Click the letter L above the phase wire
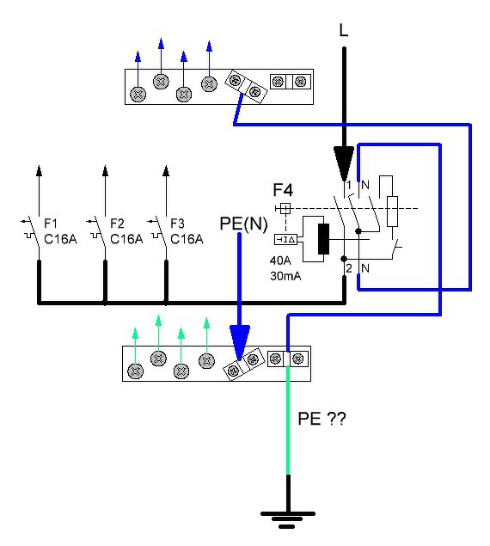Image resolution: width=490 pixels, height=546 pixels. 343,30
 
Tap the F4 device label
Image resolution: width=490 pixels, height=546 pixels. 283,190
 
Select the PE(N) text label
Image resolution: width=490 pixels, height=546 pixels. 243,224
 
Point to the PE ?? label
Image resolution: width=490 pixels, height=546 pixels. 322,419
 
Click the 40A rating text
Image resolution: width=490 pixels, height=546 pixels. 280,261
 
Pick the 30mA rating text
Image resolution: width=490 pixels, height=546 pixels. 285,276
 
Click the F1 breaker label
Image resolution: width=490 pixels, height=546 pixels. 51,224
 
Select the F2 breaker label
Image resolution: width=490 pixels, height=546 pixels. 117,224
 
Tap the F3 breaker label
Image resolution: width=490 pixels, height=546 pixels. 177,224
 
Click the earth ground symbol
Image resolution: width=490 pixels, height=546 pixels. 288,519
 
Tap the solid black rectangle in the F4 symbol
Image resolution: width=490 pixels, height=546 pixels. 323,239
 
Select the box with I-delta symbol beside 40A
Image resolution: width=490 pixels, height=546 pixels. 285,240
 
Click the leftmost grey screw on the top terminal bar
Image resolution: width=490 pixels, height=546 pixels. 138,94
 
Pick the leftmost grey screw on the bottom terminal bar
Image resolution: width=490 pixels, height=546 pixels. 136,371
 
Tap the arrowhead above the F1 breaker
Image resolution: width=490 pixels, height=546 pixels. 39,170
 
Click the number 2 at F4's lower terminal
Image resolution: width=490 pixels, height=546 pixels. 349,268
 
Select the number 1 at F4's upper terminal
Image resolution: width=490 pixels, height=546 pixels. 349,185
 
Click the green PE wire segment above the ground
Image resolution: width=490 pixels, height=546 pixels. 288,420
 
